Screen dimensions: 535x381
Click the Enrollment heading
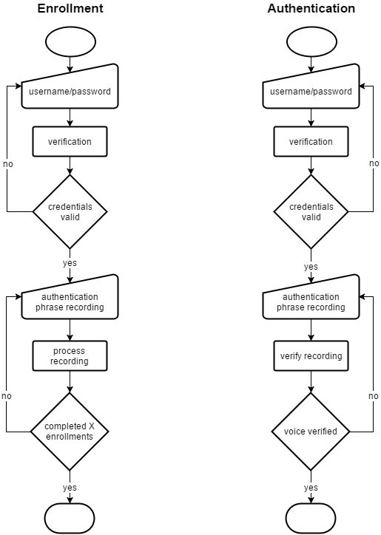coord(70,9)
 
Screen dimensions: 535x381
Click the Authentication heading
coord(311,9)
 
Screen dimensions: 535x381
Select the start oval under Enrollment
coord(70,42)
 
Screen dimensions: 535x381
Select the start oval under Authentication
coord(311,42)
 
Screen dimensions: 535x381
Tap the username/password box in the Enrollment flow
coord(70,92)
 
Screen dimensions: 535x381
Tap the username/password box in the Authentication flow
coord(311,92)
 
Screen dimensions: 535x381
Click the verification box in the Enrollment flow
coord(70,142)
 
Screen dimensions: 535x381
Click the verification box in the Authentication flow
coord(311,142)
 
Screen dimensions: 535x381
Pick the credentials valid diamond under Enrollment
coord(70,212)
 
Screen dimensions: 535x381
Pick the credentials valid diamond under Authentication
coord(311,212)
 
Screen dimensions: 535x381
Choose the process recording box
coord(70,356)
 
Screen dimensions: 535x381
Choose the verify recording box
coord(311,356)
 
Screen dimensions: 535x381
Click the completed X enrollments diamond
coord(70,432)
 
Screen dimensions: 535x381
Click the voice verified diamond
coord(311,432)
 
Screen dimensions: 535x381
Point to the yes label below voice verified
coord(311,488)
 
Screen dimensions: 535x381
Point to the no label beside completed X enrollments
coord(7,397)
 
